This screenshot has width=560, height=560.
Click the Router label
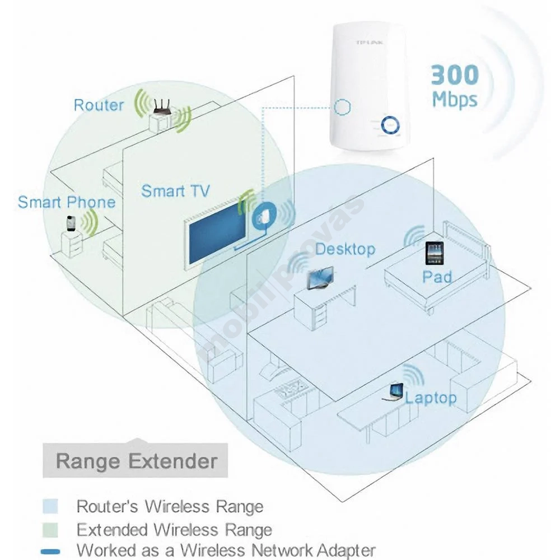(x=99, y=105)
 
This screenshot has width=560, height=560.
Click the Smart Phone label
(x=67, y=202)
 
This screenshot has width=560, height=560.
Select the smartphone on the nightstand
(x=72, y=223)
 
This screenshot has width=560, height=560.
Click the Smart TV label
(x=175, y=191)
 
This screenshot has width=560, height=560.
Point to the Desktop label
(x=346, y=249)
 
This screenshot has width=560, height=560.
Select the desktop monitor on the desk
(x=320, y=278)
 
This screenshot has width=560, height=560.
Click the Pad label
(x=437, y=277)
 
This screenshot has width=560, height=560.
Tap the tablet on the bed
(x=435, y=253)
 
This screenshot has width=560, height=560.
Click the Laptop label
(x=431, y=398)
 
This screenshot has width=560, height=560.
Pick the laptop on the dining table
(x=393, y=392)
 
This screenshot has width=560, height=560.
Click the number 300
(x=455, y=74)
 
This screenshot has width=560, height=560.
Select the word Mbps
(x=455, y=99)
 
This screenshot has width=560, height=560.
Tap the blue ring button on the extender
(x=390, y=125)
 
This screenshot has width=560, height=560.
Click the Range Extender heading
(x=137, y=461)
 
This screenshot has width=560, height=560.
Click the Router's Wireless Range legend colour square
(x=50, y=506)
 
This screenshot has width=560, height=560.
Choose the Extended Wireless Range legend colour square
(x=50, y=530)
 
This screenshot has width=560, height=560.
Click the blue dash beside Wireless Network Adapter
(x=50, y=552)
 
